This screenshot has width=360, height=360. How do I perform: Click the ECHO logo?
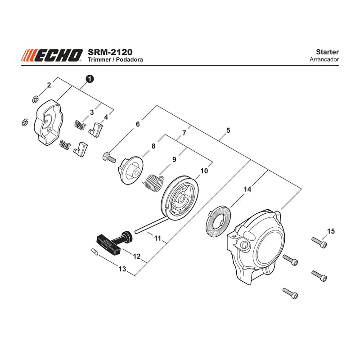(52, 55)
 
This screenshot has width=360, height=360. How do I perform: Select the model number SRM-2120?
(110, 52)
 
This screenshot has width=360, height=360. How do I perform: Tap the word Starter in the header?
(327, 52)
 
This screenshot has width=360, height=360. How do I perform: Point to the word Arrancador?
(324, 59)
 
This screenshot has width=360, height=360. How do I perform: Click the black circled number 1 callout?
(90, 79)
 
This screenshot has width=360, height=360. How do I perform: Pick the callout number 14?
(247, 189)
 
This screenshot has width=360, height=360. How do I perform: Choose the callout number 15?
(331, 231)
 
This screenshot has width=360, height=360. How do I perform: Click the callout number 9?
(174, 159)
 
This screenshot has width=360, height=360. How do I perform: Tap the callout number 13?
(122, 269)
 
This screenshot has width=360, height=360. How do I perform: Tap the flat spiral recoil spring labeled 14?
(218, 220)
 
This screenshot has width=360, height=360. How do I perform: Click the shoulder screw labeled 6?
(109, 158)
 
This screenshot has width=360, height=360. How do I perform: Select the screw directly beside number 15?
(319, 243)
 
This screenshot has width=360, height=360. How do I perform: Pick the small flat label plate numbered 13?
(94, 252)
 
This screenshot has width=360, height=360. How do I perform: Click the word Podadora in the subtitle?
(129, 59)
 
